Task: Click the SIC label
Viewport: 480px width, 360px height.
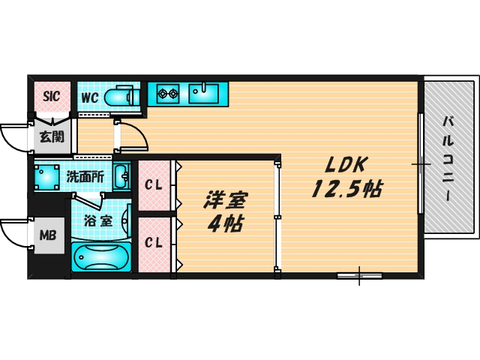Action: pos(51,95)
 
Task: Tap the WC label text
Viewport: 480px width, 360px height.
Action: pos(89,97)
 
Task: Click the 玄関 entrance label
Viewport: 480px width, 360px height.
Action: pos(51,137)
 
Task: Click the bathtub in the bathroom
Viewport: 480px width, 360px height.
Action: pos(103,256)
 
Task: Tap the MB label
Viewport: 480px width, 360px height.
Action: pos(48,235)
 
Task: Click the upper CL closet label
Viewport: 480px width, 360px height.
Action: pos(154,184)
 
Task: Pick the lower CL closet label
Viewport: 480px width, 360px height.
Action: pos(154,241)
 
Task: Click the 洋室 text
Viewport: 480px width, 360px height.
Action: pos(226,201)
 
